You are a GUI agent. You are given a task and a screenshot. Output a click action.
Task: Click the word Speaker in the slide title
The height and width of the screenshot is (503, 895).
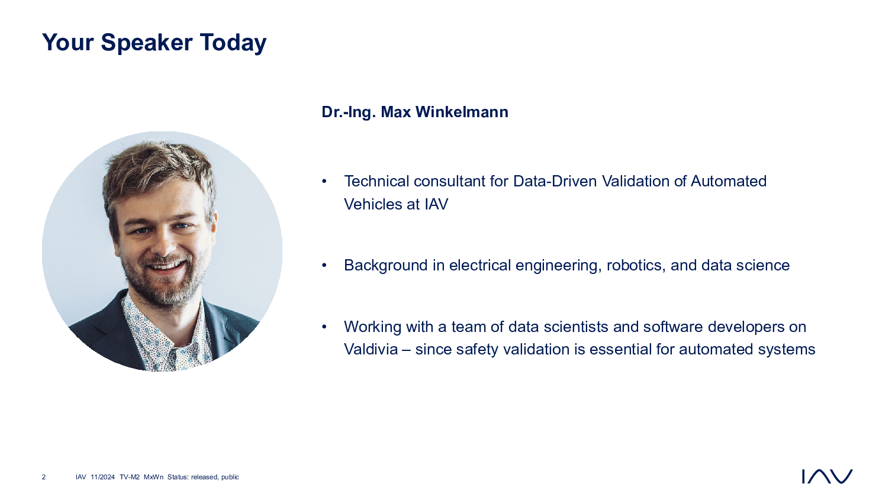point(147,43)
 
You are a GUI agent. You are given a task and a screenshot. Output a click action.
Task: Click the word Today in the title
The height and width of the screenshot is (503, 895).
point(233,43)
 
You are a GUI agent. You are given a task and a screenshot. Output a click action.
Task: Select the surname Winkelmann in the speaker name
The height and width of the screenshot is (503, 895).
point(462,112)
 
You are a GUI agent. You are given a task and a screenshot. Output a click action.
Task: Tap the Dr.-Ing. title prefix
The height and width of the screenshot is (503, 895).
point(349,112)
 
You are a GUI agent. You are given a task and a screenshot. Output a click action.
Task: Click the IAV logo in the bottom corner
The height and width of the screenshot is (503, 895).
point(827,476)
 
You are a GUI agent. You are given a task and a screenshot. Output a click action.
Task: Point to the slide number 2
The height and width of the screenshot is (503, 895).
point(44,477)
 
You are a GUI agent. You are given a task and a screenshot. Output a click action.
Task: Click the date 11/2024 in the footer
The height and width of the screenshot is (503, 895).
point(102,477)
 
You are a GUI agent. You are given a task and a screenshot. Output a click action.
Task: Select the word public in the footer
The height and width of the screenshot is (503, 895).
point(230,477)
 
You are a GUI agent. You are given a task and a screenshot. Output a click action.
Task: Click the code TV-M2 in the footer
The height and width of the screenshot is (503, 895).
point(130,477)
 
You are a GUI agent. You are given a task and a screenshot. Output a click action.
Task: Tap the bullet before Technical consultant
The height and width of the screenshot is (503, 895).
point(324,182)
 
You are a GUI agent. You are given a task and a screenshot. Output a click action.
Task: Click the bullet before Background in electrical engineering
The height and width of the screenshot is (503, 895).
point(324,265)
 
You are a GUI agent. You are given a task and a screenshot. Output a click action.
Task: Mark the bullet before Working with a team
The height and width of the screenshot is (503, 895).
point(324,327)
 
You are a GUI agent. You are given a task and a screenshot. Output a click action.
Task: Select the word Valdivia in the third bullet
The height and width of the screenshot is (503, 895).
point(371,350)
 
